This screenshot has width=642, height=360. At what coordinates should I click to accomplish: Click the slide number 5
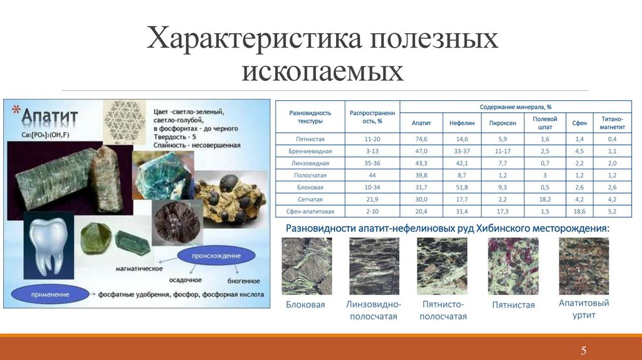point(583,350)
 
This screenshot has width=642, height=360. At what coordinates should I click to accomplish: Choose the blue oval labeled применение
point(46,294)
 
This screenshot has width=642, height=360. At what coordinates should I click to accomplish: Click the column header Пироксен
point(503,124)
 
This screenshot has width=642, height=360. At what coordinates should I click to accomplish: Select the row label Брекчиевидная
point(310,152)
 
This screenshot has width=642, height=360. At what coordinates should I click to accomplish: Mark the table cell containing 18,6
point(579,211)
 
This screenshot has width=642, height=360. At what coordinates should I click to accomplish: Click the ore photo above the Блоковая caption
point(306,266)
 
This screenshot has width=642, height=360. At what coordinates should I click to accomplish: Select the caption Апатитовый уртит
point(584,309)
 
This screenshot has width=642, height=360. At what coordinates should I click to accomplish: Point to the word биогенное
point(243,280)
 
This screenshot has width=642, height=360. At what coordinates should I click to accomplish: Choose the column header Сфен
point(579,124)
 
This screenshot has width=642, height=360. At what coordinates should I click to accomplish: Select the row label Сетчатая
point(310,199)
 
